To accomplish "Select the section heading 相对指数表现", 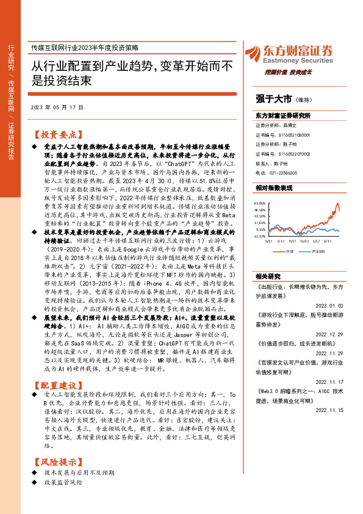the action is [x=273, y=189].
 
